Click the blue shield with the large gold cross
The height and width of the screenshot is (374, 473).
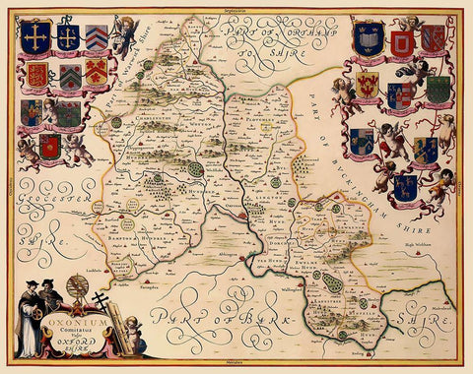pos(36,36)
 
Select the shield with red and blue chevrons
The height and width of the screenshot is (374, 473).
pos(97,37)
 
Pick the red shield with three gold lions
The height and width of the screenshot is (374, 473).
pos(36,75)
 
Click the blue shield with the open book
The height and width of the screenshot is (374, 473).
pos(371,39)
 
